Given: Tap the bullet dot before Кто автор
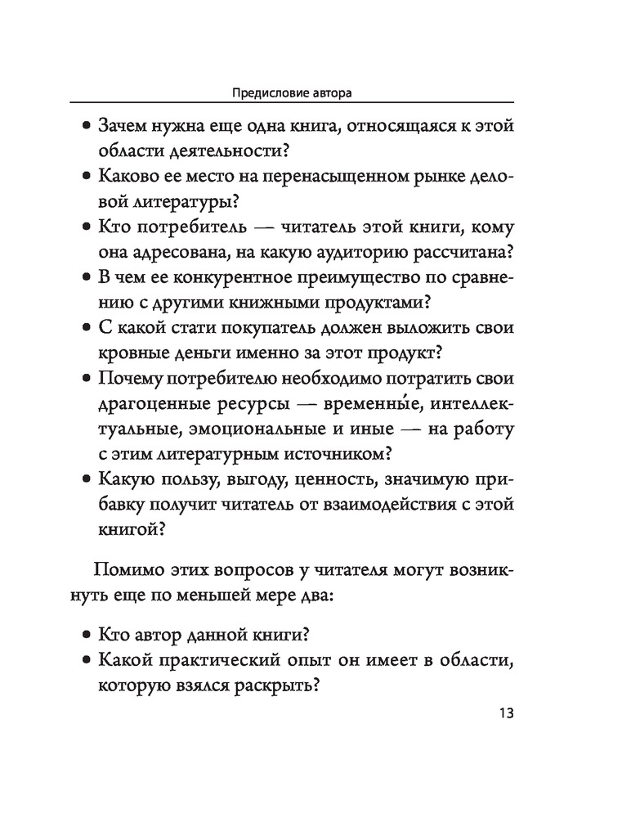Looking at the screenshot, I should click(x=87, y=635).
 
